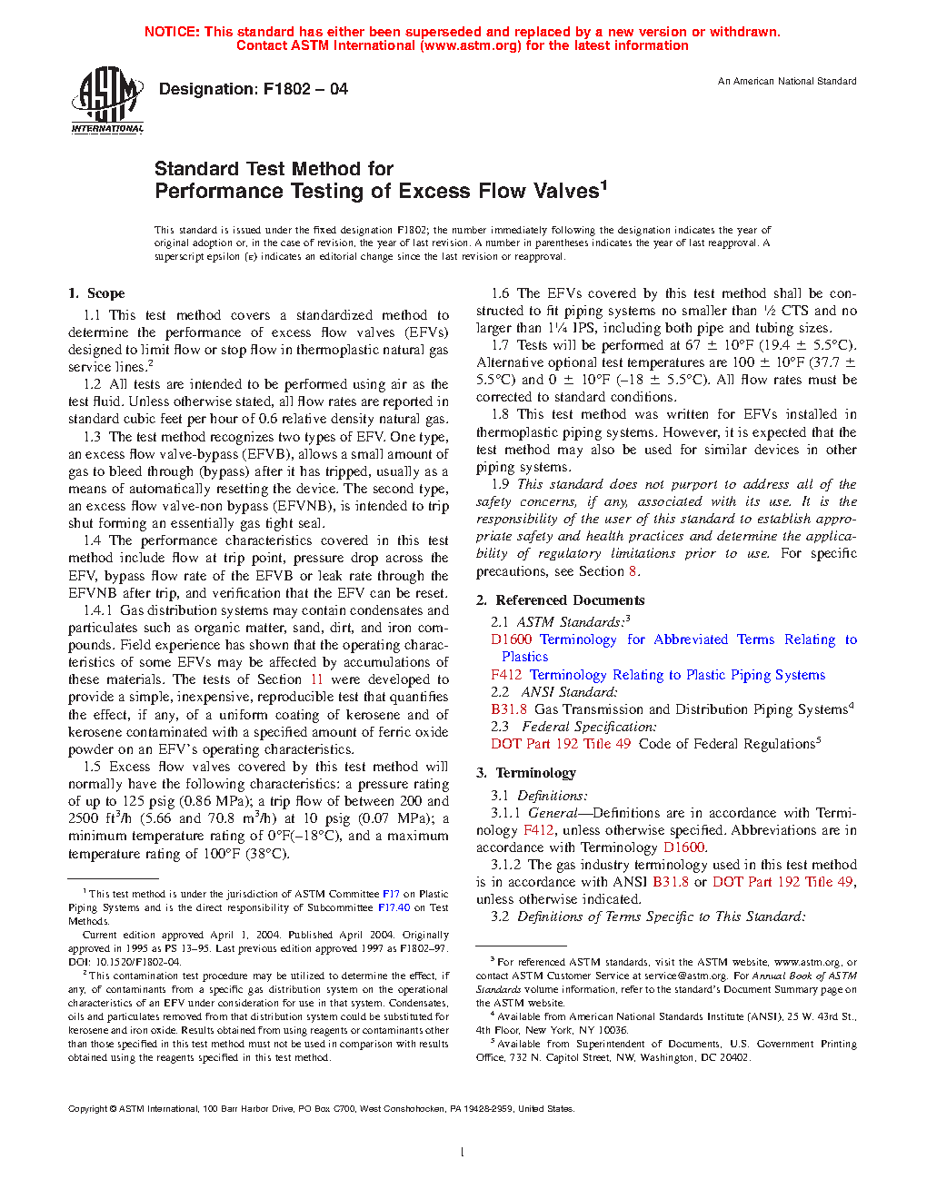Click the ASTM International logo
click(x=107, y=101)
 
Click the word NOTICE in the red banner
click(x=172, y=32)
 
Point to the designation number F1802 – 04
click(x=305, y=89)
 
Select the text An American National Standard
click(x=787, y=81)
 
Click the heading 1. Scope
click(x=96, y=293)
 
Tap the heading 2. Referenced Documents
click(x=561, y=600)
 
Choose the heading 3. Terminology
click(x=526, y=773)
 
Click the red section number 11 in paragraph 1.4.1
click(x=316, y=679)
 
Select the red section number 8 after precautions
click(x=633, y=571)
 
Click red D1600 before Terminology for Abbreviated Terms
click(x=511, y=639)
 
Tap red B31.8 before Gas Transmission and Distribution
click(x=509, y=709)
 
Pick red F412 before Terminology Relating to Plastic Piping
click(x=506, y=675)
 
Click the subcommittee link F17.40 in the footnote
click(x=394, y=907)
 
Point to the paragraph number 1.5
click(x=92, y=767)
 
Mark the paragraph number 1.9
click(x=500, y=484)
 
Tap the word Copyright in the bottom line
click(x=88, y=1108)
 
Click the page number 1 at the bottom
click(x=463, y=1153)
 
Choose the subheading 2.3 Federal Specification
click(x=573, y=727)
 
